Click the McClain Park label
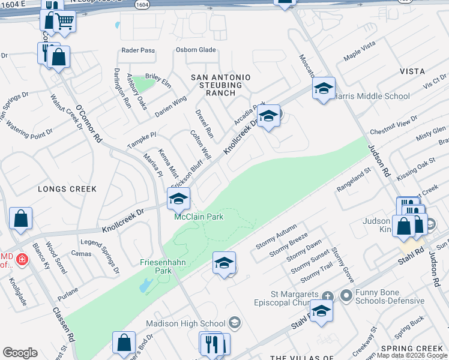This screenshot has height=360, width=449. point(199,217)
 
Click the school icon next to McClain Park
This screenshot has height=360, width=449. point(178,199)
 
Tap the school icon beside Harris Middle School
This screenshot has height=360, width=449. point(324,89)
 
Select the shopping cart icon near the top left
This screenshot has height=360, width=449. point(64,22)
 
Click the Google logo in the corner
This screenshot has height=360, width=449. point(20,353)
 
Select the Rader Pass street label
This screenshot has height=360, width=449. point(138,50)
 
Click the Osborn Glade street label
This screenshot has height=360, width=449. point(196,50)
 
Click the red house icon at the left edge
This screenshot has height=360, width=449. point(22,259)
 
